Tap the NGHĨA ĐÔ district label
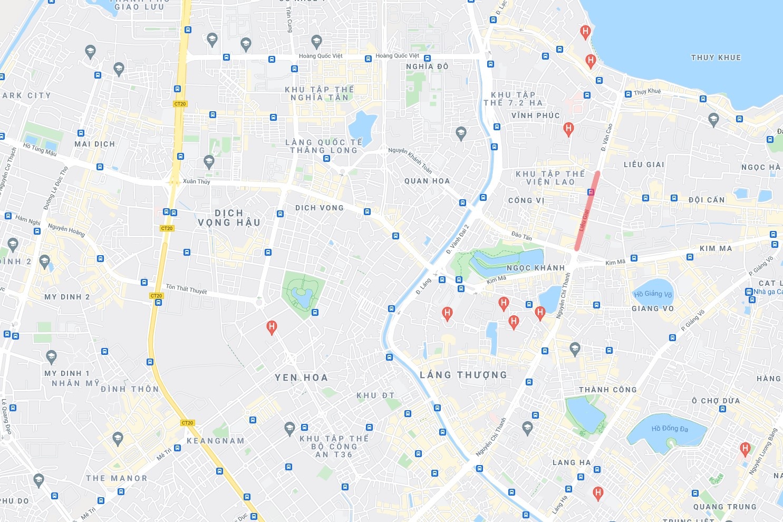coord(427,66)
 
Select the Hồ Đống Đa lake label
coord(670,429)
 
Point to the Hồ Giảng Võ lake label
coord(653,294)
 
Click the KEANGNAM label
coord(216,441)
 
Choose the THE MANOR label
coord(117,478)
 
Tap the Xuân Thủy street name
coord(196,181)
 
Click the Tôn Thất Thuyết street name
coord(186,289)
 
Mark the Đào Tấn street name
coord(521,236)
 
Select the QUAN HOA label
coord(427,181)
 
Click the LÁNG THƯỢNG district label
coord(463,375)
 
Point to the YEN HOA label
coord(301,378)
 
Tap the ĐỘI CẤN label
coord(707,200)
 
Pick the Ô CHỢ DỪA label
coord(716,401)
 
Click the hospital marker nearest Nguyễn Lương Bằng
coord(745,449)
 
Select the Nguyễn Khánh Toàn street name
coord(410,160)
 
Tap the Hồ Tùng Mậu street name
coord(40,149)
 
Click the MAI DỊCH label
coord(94,144)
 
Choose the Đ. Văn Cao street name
coord(607,137)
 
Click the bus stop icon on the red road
coord(591,192)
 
